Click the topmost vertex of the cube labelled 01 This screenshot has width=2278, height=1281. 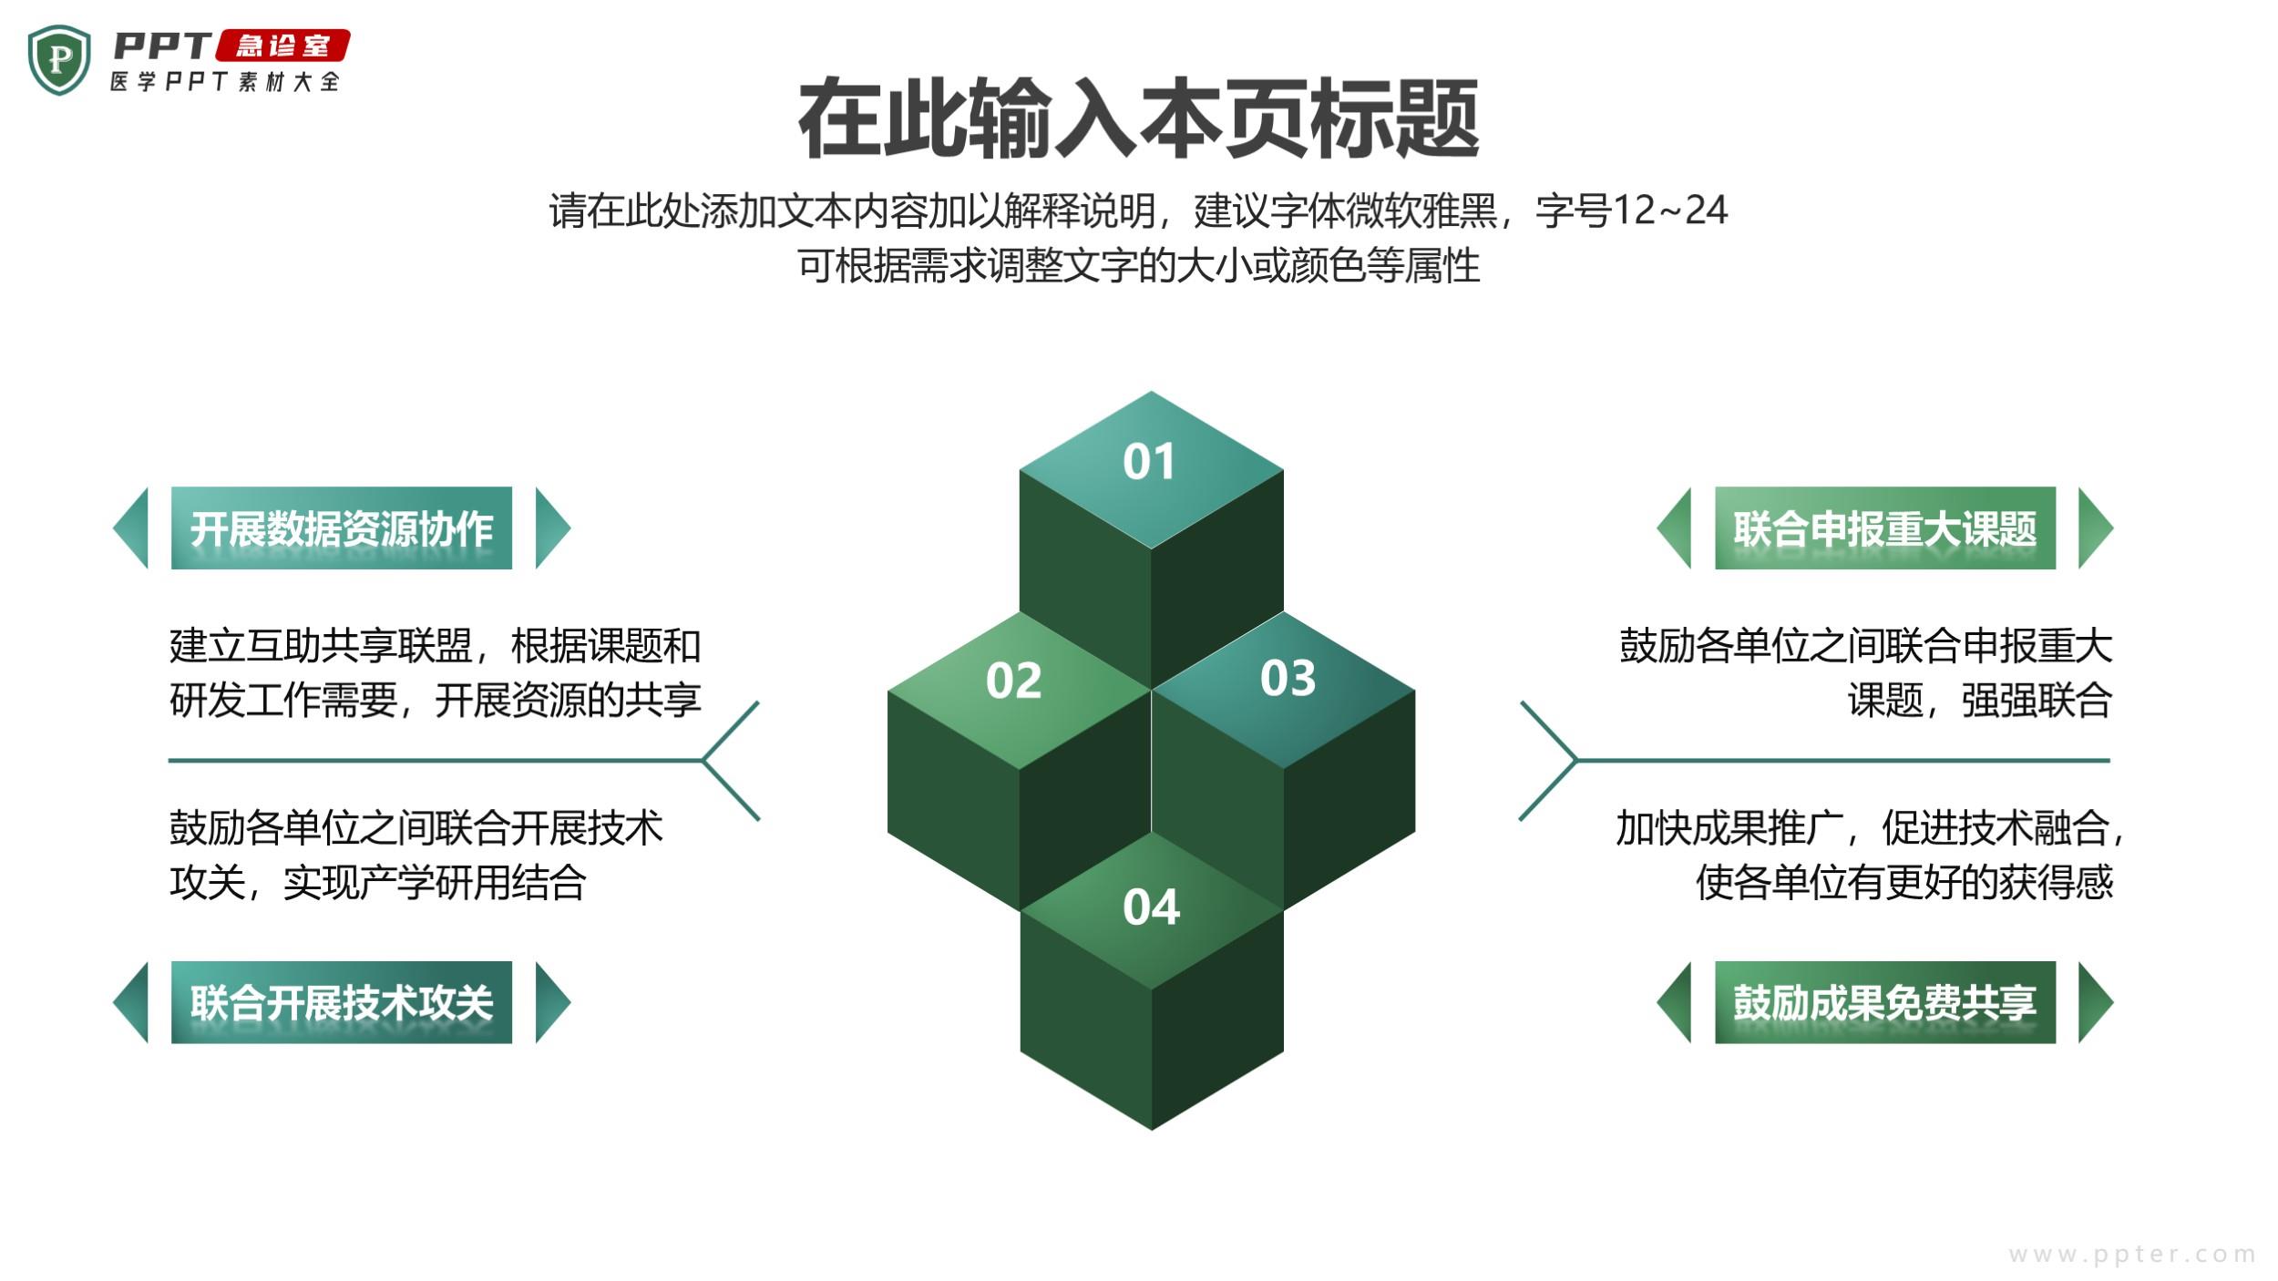pos(1151,392)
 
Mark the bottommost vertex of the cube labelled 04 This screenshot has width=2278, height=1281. pos(1152,1130)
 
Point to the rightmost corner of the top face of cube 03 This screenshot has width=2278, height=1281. pos(1414,691)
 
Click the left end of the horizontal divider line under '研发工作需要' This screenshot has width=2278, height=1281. pos(169,760)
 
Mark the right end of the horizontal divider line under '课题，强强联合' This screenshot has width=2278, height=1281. pos(2109,760)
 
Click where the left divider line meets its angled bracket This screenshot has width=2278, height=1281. pos(703,760)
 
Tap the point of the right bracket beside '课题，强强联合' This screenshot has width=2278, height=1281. pos(1575,760)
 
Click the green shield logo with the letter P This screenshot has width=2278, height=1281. pos(59,60)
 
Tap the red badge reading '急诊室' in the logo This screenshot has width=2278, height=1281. pos(283,46)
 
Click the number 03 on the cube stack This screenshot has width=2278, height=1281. pos(1288,678)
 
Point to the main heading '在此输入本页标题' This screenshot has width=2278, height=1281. pos(1138,118)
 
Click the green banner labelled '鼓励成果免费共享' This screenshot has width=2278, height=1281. pos(1885,1002)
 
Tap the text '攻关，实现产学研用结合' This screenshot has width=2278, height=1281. pos(377,882)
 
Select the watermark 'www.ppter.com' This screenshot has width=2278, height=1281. pos(2132,1255)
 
